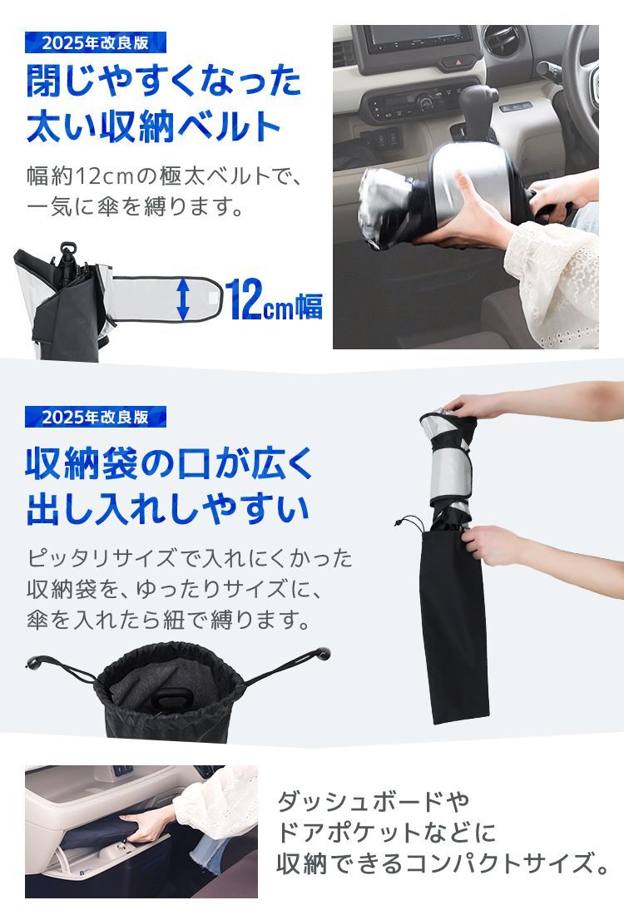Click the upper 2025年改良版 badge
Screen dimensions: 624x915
[95, 42]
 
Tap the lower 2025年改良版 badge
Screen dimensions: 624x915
[95, 417]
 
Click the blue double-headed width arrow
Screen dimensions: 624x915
[183, 299]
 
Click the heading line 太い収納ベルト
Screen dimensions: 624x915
[154, 126]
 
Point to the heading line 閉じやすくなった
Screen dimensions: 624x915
[163, 82]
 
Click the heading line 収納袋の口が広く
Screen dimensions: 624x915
[169, 465]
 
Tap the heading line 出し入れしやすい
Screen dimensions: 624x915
[167, 509]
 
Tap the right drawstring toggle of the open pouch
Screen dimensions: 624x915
[322, 652]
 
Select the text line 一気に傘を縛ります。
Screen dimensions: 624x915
[135, 206]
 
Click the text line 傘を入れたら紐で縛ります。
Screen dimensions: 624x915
[168, 620]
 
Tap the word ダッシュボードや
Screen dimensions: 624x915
[374, 801]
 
